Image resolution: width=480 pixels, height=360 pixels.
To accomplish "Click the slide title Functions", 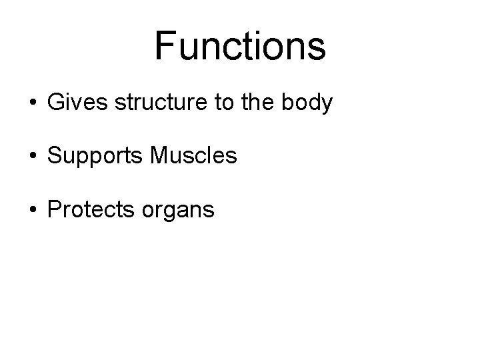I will click(x=240, y=45).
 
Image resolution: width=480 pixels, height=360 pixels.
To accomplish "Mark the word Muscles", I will click(x=193, y=156).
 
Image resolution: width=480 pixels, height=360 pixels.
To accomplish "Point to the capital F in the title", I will click(x=164, y=45).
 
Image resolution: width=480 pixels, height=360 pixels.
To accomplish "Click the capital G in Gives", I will click(x=56, y=104).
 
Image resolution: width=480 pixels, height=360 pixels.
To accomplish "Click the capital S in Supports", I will click(x=54, y=156).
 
